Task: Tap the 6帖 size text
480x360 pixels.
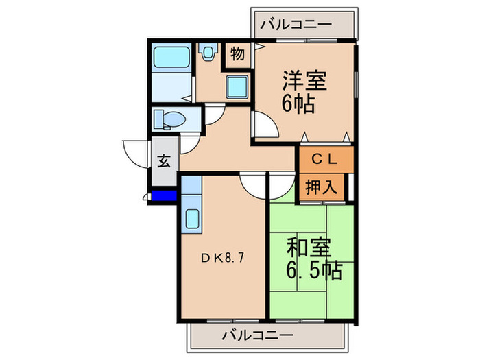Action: [x=296, y=104]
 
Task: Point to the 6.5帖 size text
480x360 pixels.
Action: [x=313, y=271]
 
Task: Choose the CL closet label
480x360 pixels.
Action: [x=325, y=160]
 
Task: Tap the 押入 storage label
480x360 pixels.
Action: [x=322, y=187]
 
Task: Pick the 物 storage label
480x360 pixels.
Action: [x=237, y=54]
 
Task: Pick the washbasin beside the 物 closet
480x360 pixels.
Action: [x=208, y=52]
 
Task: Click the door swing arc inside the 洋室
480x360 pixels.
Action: [x=265, y=125]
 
